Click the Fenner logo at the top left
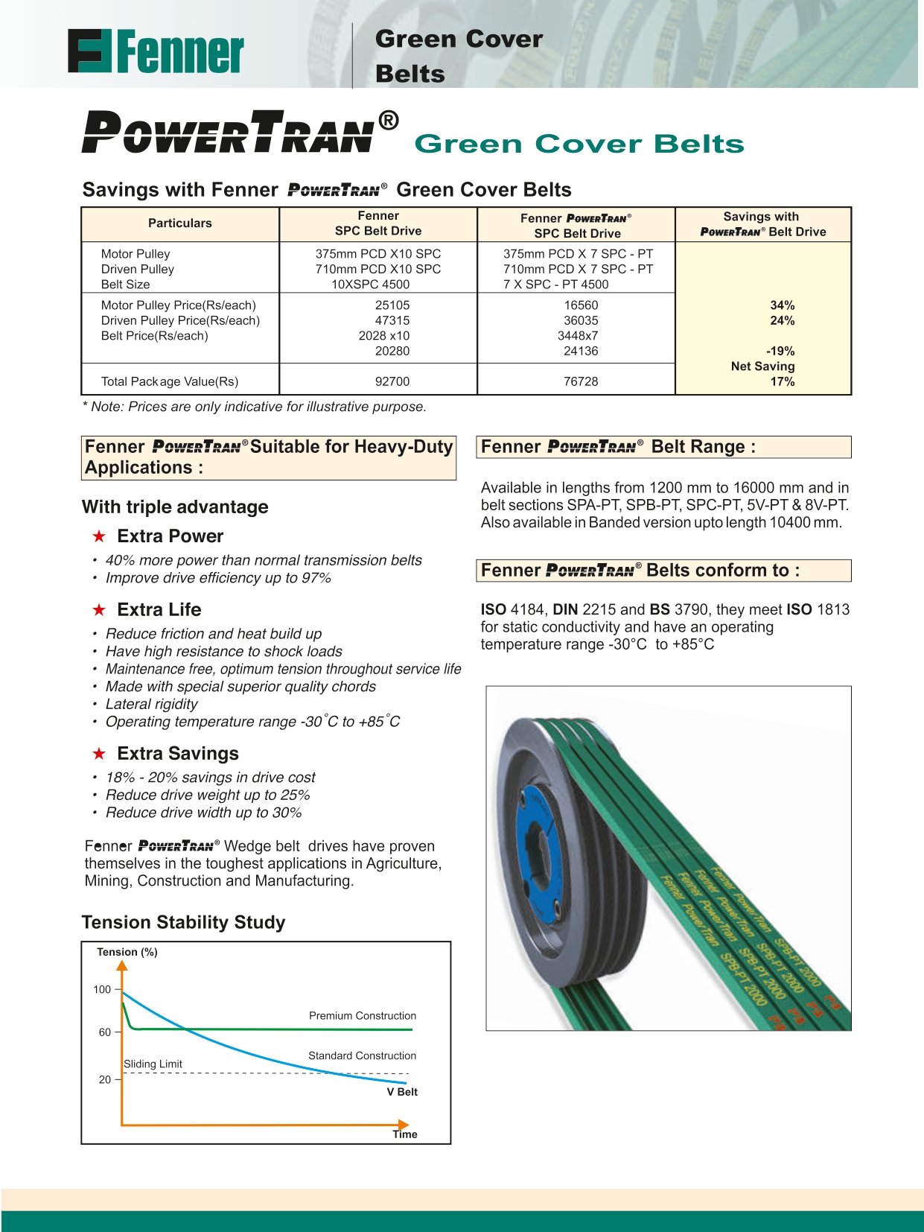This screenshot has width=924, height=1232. pos(156,51)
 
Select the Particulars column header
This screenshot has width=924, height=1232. pos(179,223)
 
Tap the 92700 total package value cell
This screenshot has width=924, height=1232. pos(392,381)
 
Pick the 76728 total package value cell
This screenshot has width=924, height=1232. pos(581,381)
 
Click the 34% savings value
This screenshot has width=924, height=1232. pos(782,305)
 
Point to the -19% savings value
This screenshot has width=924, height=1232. pos(780,351)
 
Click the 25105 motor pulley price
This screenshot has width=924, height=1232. pos(392,305)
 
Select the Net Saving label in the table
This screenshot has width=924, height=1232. pos(762,366)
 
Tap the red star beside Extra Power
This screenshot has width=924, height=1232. pos(99,536)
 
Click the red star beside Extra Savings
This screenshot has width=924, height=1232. pos(99,754)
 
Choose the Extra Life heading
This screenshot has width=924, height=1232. pos(159,609)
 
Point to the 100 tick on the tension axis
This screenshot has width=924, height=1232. pos(102,989)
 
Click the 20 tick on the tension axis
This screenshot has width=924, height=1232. pos(105,1079)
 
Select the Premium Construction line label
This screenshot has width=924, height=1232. pos(363,1016)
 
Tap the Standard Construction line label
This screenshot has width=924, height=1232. pos(362,1055)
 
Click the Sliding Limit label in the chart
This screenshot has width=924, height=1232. pos(153,1064)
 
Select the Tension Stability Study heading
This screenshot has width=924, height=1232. pos(183,922)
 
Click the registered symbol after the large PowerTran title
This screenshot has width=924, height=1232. pos(388,120)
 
